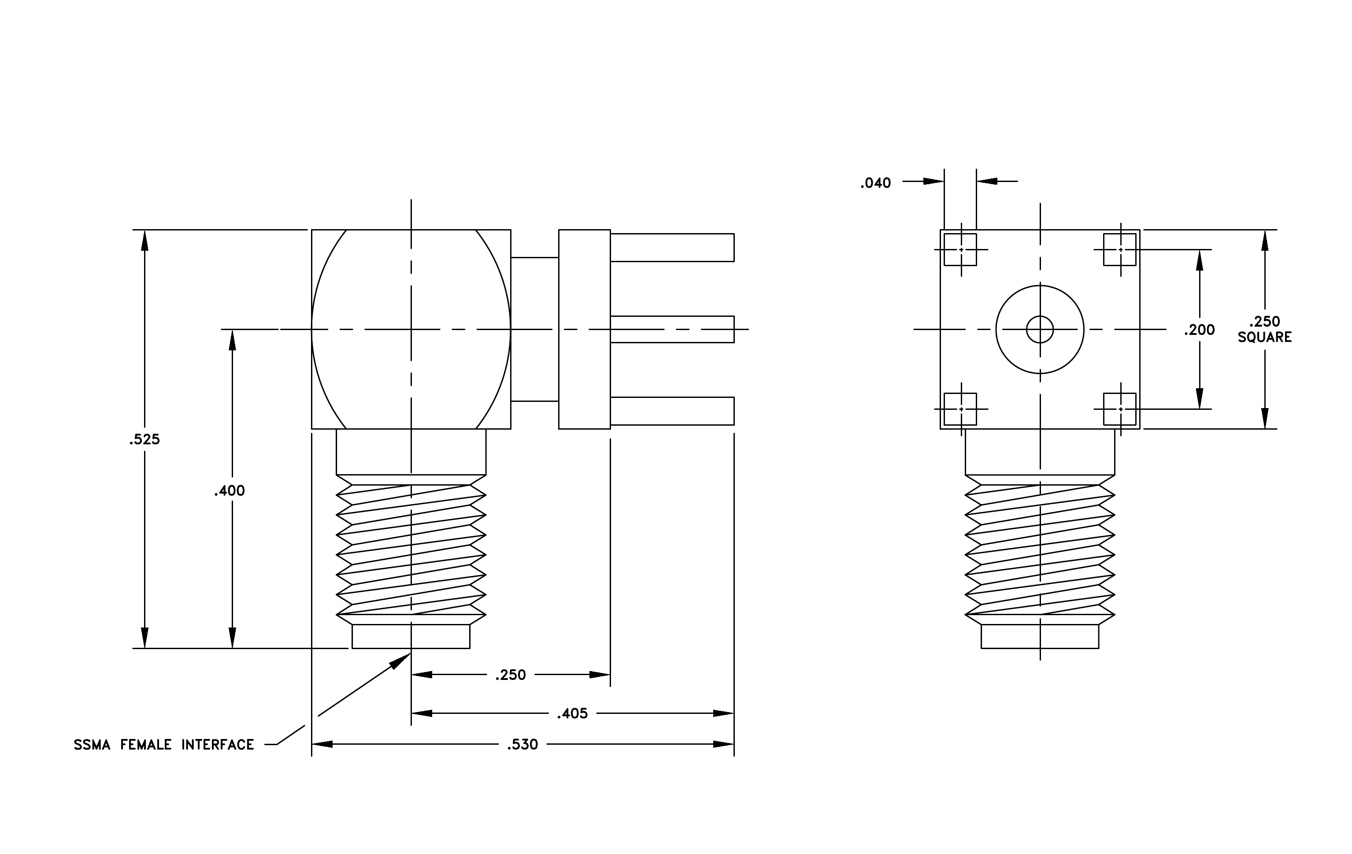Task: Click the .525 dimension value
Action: (144, 440)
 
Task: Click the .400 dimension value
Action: (230, 491)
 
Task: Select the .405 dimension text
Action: (572, 713)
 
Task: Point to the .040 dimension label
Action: (875, 183)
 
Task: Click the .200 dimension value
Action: (1199, 330)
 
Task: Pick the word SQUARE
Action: (1264, 338)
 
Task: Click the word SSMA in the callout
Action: (92, 745)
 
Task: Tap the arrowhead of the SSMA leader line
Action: (402, 660)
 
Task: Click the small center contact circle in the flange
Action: (1040, 329)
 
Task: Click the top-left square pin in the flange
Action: (960, 249)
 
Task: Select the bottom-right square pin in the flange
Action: (1119, 409)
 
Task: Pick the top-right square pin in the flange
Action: (1119, 249)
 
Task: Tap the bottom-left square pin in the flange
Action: (960, 409)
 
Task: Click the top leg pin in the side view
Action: (672, 248)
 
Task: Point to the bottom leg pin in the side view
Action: (672, 411)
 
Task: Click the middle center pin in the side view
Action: (672, 329)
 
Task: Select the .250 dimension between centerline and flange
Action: (511, 675)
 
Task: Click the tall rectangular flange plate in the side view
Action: (585, 329)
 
